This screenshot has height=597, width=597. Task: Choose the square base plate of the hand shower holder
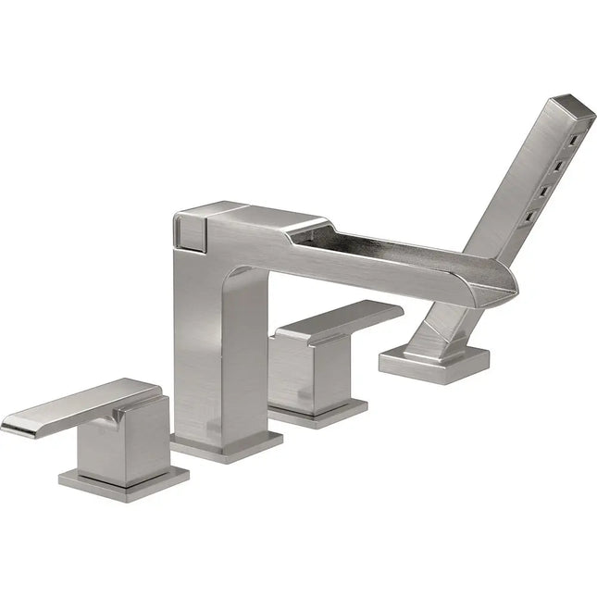pos(433,366)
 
